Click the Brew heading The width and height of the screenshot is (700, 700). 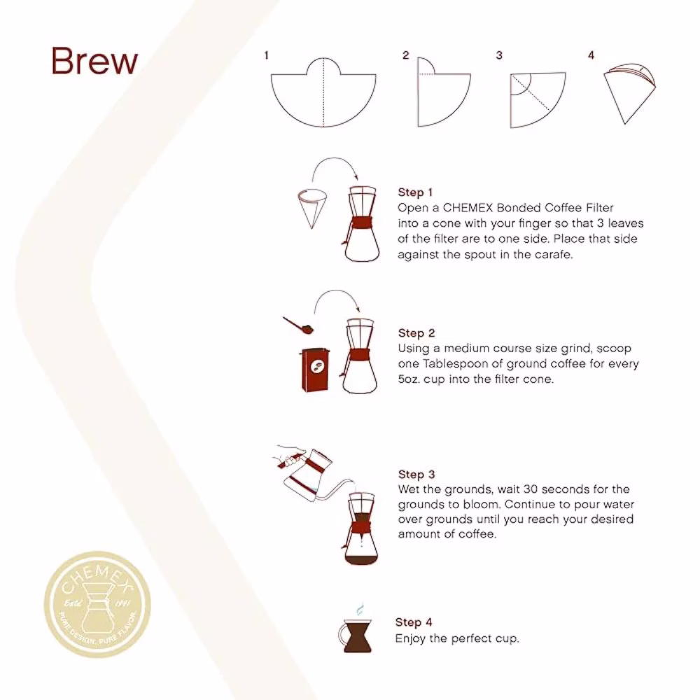tap(94, 62)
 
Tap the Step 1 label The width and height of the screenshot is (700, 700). tap(416, 192)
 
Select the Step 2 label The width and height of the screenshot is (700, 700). tap(416, 333)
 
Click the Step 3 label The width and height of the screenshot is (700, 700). tap(416, 475)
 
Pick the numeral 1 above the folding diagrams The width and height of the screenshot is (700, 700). tap(266, 55)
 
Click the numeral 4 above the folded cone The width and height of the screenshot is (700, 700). tap(591, 55)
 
